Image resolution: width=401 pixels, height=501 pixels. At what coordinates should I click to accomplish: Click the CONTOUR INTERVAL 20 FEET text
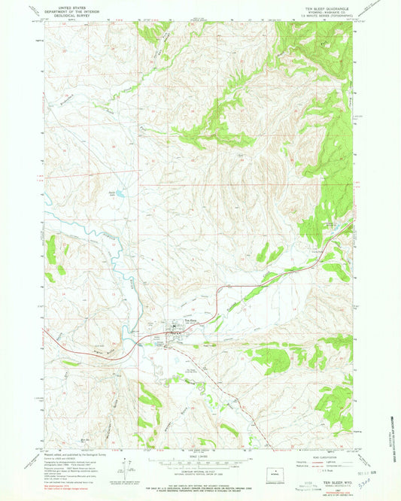click(x=199, y=470)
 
